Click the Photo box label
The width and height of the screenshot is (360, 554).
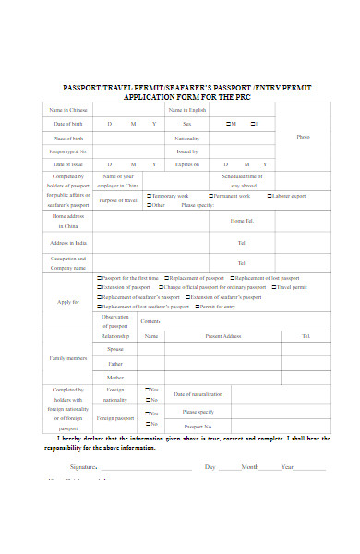(x=303, y=137)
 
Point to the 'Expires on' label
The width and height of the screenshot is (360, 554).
(x=186, y=164)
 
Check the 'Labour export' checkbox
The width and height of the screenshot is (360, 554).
(x=270, y=196)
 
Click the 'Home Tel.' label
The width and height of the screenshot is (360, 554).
(x=242, y=221)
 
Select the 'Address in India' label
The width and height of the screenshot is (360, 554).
(x=68, y=243)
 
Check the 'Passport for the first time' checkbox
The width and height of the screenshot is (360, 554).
(x=101, y=277)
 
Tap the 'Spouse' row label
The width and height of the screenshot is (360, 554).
(x=115, y=349)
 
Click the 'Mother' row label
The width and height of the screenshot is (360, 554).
(x=115, y=377)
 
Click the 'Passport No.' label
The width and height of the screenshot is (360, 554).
(x=198, y=427)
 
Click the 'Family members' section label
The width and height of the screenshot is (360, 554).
(x=68, y=357)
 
